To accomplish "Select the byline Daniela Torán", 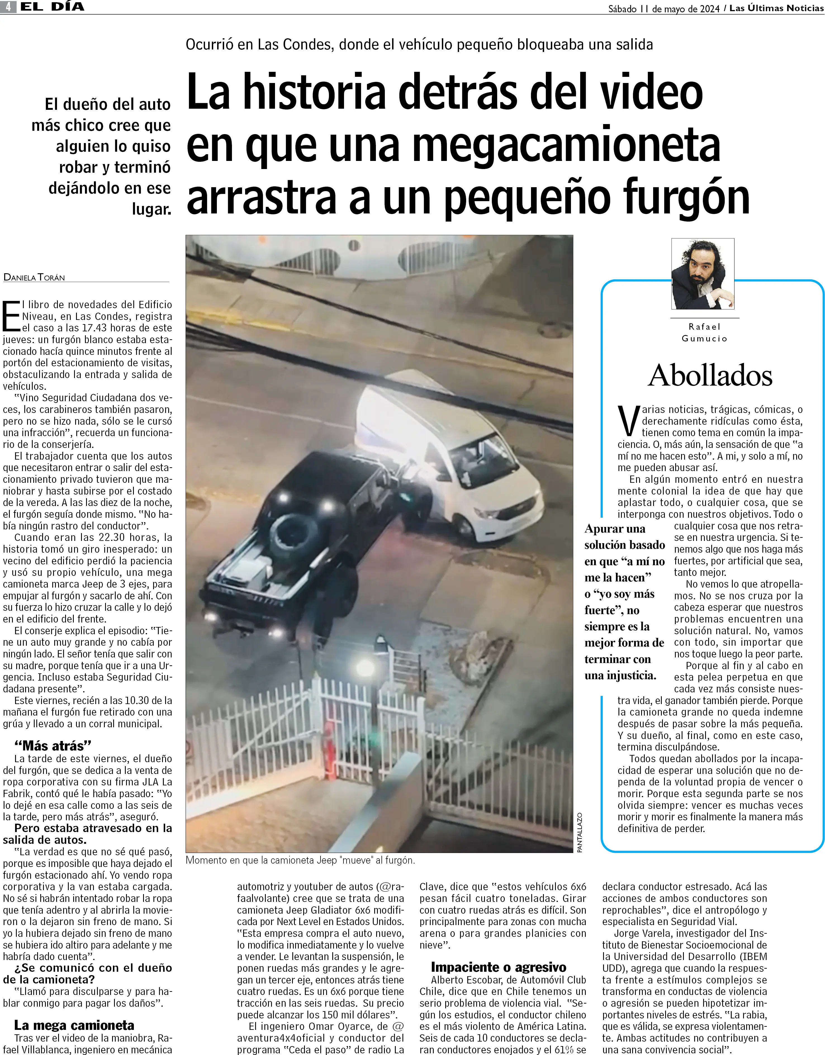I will (34, 277).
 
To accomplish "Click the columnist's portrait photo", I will (703, 274).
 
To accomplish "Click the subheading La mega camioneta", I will (74, 1025).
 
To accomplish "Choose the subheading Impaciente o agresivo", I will (498, 967).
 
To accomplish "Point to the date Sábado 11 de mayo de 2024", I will (663, 8).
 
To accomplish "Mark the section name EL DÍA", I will (52, 7).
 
